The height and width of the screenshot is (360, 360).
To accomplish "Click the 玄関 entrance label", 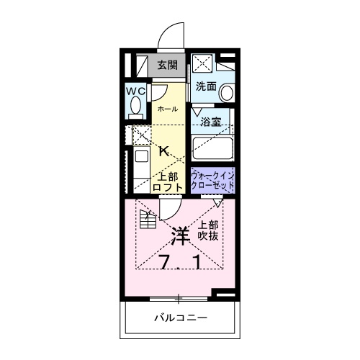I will pos(167,65).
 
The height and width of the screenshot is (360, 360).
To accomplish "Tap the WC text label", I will pos(135,91).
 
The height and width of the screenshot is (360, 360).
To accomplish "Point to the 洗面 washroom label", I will pos(206,86).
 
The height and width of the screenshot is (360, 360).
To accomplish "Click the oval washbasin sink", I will pos(227,93).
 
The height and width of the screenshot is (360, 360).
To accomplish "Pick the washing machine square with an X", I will pos(203,63).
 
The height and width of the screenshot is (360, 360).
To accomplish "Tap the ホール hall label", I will pos(167,108).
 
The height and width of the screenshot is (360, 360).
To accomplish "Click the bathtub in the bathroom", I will pos(212,150).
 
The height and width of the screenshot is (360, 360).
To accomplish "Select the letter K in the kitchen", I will pos(164,151).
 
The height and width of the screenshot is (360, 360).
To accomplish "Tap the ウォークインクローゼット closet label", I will pos(212,181).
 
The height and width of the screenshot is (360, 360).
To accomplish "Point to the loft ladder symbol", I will pos(148,220).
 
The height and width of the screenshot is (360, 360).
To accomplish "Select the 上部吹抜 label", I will pos(208,230).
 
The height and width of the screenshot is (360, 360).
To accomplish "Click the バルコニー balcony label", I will pos(180,318).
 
